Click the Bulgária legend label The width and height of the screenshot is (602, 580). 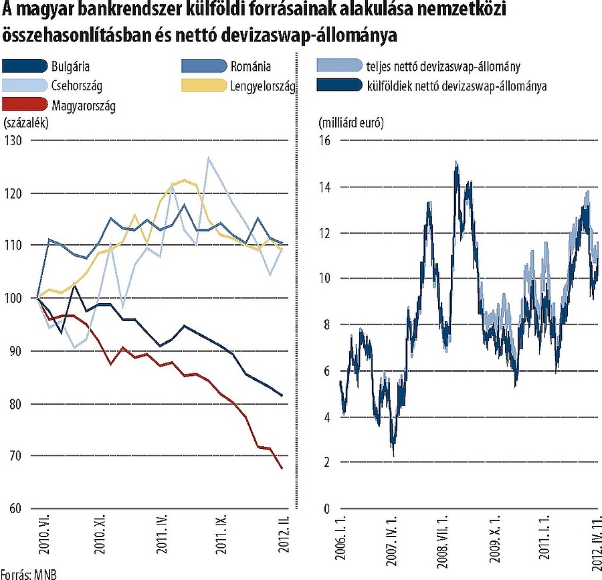tap(70, 66)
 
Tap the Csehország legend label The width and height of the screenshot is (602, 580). tap(75, 86)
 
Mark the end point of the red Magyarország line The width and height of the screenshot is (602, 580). tap(282, 468)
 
